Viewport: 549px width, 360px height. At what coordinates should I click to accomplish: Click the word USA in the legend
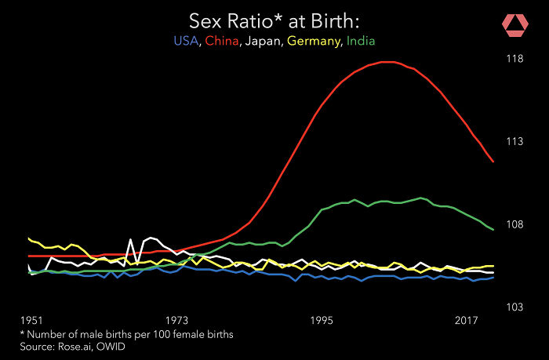[186, 40]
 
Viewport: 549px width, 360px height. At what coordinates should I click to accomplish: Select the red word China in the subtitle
[222, 40]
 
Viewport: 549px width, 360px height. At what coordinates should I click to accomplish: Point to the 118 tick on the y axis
[514, 58]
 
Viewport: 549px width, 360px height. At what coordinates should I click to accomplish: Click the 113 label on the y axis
[514, 141]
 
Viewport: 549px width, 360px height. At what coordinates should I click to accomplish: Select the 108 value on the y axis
[514, 224]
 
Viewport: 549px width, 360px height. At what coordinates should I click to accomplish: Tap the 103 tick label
[514, 307]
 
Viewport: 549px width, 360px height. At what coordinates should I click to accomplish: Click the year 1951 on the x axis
[32, 321]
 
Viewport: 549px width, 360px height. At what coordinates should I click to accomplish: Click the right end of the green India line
[493, 229]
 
